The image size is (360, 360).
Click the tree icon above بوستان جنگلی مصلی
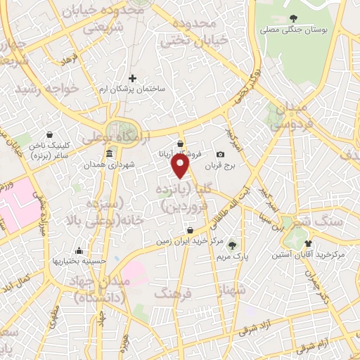click(293, 18)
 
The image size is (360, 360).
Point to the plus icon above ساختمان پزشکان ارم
click(132, 78)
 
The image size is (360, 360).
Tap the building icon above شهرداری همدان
click(108, 154)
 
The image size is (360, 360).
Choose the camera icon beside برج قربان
click(220, 155)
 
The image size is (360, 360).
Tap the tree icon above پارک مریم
click(232, 245)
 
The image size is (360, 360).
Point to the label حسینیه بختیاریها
click(79, 261)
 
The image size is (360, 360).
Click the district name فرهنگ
click(173, 293)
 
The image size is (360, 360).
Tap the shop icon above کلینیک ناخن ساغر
click(49, 134)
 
